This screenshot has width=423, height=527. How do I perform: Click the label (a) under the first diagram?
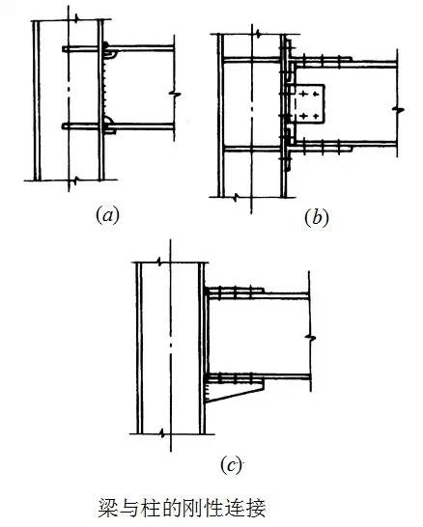(107, 215)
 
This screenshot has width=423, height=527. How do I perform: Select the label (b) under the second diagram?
(316, 218)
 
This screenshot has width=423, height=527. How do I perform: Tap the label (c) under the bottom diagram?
(232, 465)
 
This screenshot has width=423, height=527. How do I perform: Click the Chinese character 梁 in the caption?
(108, 508)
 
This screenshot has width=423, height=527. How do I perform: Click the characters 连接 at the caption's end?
(245, 508)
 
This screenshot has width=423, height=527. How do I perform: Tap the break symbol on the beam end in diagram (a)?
(175, 94)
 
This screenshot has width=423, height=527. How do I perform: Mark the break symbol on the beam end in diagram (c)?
(310, 337)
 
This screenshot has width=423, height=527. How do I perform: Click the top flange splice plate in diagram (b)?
(322, 59)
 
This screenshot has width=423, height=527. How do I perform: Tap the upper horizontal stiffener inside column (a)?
(81, 49)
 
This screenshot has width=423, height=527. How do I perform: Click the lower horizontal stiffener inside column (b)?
(252, 149)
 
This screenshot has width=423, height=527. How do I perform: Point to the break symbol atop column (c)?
(161, 262)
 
